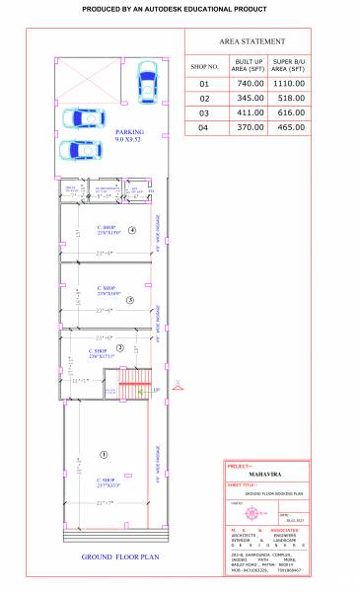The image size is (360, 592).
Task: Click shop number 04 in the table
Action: pyautogui.click(x=204, y=128)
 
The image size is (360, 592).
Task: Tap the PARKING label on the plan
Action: pyautogui.click(x=129, y=131)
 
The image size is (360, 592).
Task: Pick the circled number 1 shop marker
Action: pyautogui.click(x=103, y=454)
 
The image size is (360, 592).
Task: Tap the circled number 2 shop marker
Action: pyautogui.click(x=120, y=347)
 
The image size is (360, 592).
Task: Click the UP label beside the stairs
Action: pyautogui.click(x=155, y=391)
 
